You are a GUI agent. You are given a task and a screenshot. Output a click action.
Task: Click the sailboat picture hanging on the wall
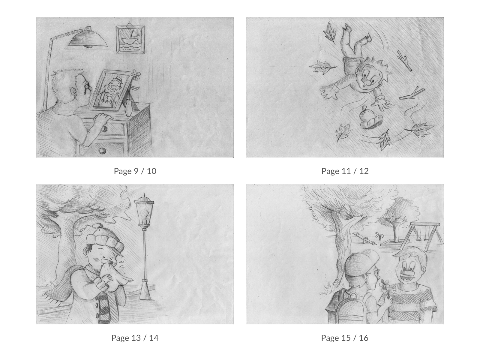[130, 39]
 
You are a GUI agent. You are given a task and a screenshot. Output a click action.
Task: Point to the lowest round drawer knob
[102, 150]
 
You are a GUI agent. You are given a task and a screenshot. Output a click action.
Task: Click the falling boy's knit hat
[371, 117]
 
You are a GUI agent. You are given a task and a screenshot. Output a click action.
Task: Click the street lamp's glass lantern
[144, 210]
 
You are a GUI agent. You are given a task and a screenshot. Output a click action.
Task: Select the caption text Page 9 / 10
[135, 171]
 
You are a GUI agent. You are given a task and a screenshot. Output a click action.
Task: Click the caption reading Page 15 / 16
[345, 338]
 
